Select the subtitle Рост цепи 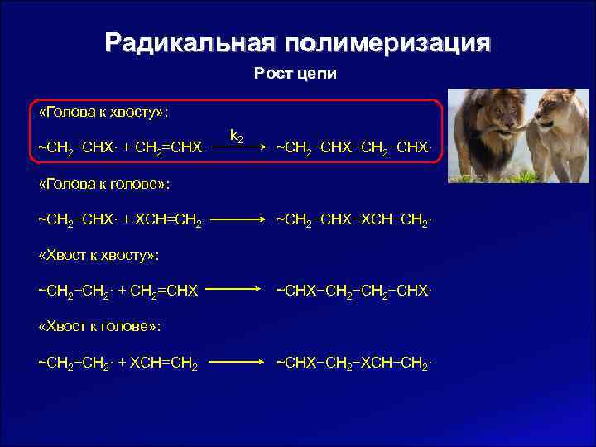(x=296, y=74)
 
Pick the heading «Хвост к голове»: (x=99, y=325)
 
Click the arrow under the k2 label (x=238, y=149)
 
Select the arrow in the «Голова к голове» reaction (x=238, y=220)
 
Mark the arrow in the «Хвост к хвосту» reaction (x=238, y=291)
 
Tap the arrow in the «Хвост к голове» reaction (x=238, y=363)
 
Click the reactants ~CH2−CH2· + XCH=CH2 (x=120, y=363)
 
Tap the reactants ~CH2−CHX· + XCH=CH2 (x=120, y=220)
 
